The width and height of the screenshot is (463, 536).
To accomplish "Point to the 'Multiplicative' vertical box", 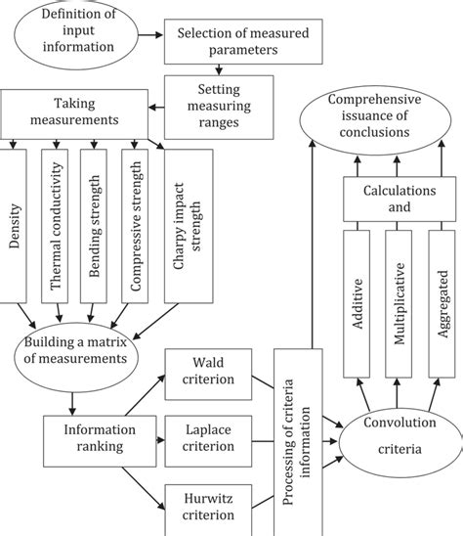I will click(x=402, y=305).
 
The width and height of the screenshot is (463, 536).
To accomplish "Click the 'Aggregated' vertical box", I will click(x=442, y=305).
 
